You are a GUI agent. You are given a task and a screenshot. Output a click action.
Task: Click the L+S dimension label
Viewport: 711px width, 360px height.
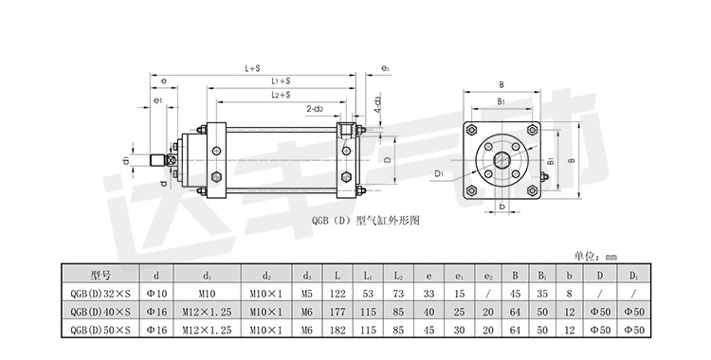coord(252,69)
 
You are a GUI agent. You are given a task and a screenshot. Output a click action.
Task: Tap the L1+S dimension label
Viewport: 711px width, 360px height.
coord(281,81)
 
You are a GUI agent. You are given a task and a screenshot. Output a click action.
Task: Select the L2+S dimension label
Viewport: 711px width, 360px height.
coord(281,95)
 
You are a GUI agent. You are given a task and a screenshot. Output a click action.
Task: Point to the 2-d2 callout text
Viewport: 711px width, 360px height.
coord(315,109)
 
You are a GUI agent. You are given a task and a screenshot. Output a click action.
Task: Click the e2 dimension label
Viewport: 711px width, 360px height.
coord(386,69)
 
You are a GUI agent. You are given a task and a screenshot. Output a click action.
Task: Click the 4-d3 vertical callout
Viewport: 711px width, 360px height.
coord(376,105)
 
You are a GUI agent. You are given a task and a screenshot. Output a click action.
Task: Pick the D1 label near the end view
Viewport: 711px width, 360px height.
coord(439,173)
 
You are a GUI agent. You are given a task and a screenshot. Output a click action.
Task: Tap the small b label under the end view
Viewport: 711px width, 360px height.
coord(501,206)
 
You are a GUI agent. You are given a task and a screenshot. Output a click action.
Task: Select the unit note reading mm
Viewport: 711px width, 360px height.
coord(611,257)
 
